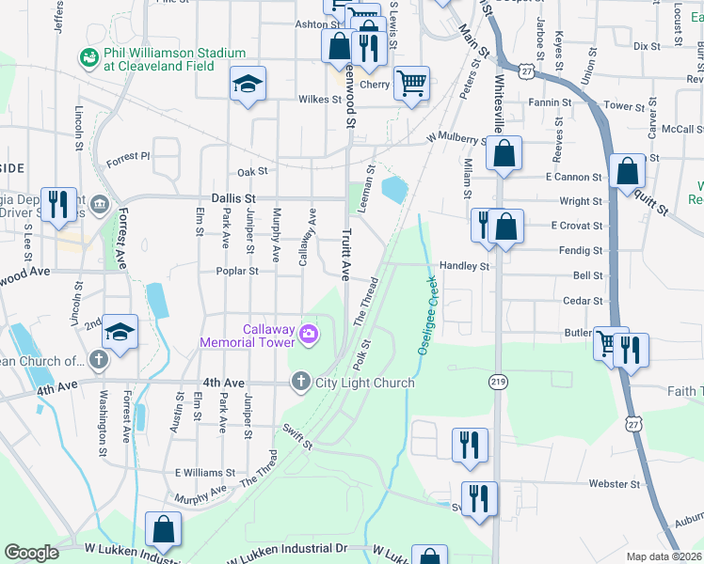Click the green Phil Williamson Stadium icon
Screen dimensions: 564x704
[x=90, y=58]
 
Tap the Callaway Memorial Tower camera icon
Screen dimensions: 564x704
[x=308, y=334]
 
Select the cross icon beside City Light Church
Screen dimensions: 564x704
[x=300, y=382]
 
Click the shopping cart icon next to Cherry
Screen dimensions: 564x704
[x=411, y=84]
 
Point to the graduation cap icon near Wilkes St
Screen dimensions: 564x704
[x=248, y=85]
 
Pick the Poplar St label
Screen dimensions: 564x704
[x=240, y=271]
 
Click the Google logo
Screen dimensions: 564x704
[x=31, y=553]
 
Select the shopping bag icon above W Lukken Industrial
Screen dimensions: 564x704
[x=163, y=530]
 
